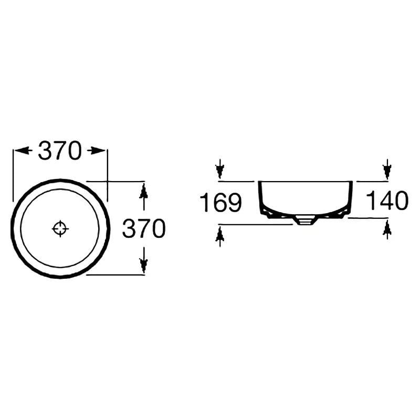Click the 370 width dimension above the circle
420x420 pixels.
(x=59, y=151)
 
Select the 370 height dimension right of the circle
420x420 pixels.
(x=144, y=228)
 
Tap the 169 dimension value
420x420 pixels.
(x=221, y=203)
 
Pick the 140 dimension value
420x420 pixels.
(x=387, y=200)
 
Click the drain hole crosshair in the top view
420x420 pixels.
(x=60, y=229)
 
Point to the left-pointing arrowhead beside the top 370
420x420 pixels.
(x=22, y=151)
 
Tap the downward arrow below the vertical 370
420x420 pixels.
(x=143, y=260)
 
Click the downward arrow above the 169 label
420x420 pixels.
(x=219, y=169)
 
